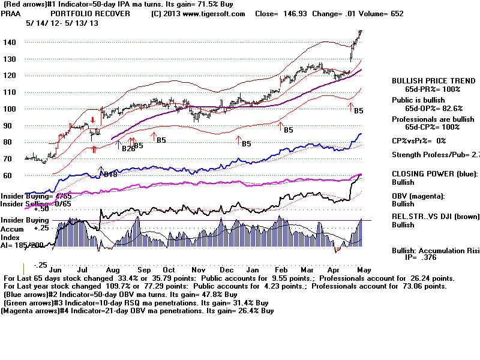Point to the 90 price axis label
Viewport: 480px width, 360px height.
[x=10, y=125]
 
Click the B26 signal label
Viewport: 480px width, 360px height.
[x=127, y=148]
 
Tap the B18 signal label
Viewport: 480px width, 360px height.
[x=110, y=175]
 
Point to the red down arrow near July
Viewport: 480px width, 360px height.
[x=93, y=121]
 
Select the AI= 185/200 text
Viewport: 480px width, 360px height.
[x=20, y=245]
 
